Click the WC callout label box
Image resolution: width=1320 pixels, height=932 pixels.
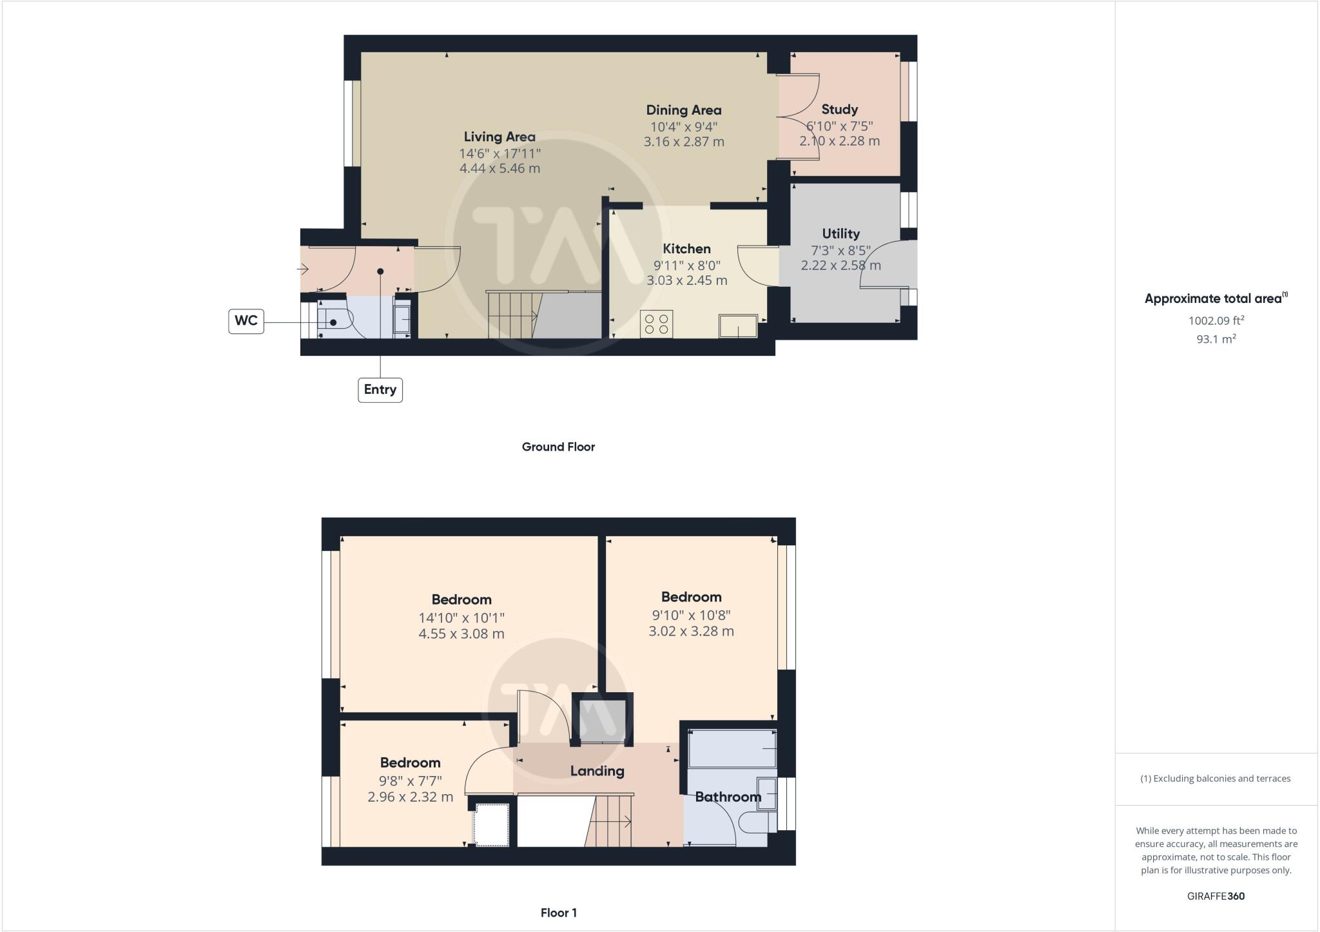pyautogui.click(x=246, y=321)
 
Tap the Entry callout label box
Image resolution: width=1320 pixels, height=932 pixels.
pyautogui.click(x=380, y=389)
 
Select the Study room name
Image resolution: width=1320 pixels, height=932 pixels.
pyautogui.click(x=839, y=110)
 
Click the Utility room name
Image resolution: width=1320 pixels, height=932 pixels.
pyautogui.click(x=840, y=233)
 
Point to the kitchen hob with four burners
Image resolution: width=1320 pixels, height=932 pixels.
pyautogui.click(x=657, y=324)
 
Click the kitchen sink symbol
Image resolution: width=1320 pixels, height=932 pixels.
pyautogui.click(x=739, y=326)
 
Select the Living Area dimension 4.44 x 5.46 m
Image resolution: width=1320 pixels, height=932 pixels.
pyautogui.click(x=500, y=169)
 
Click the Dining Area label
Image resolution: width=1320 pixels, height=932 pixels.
pyautogui.click(x=683, y=110)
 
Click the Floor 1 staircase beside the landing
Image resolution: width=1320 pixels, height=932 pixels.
pyautogui.click(x=611, y=821)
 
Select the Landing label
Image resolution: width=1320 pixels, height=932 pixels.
pyautogui.click(x=597, y=771)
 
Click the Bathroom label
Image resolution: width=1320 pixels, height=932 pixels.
pyautogui.click(x=728, y=797)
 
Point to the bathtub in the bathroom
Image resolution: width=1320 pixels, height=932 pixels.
pyautogui.click(x=732, y=748)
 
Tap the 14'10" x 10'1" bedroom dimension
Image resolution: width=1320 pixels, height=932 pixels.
pyautogui.click(x=461, y=617)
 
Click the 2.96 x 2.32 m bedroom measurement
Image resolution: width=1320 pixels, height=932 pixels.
pyautogui.click(x=410, y=797)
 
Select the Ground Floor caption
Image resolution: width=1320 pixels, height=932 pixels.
pyautogui.click(x=558, y=447)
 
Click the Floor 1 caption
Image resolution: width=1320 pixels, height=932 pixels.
pyautogui.click(x=558, y=913)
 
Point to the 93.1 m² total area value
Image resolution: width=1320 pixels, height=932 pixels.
pyautogui.click(x=1216, y=339)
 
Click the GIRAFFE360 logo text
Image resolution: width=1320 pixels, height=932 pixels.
pyautogui.click(x=1216, y=896)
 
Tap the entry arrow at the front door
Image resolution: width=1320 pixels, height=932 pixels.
pyautogui.click(x=303, y=269)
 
